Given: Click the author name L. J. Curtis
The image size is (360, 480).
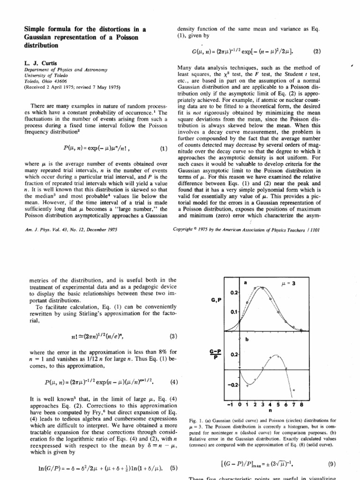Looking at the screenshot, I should [x=31, y=63].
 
